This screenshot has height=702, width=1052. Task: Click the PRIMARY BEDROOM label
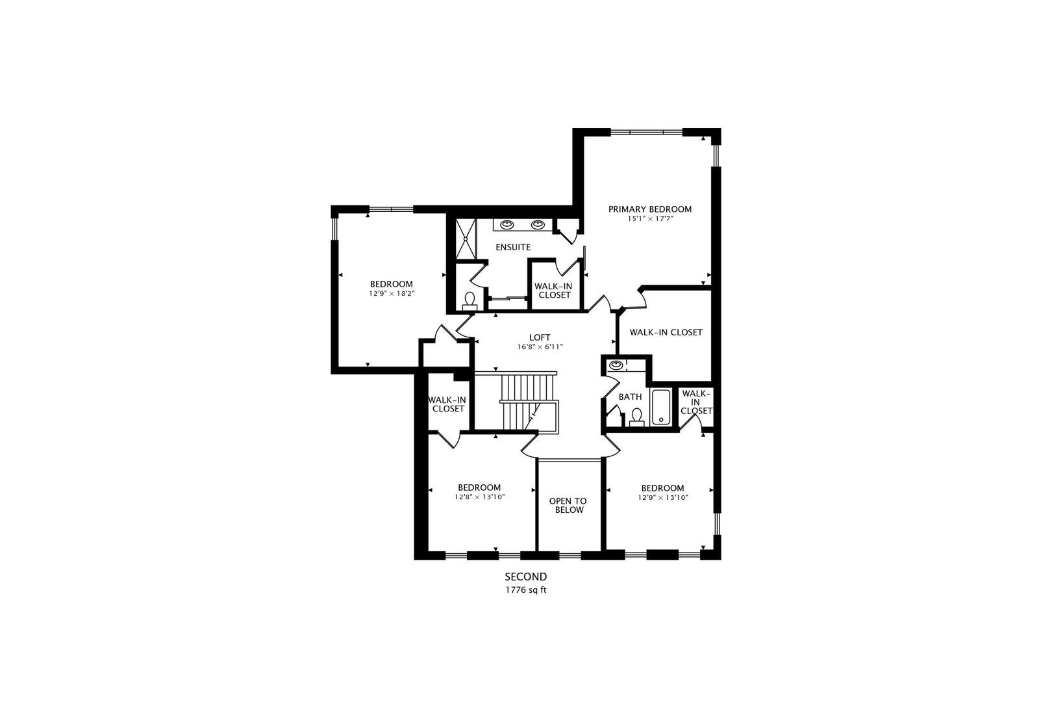point(649,209)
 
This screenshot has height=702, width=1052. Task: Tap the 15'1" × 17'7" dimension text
point(649,219)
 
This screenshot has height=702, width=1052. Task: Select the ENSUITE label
point(513,247)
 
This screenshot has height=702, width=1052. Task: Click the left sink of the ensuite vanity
point(507,225)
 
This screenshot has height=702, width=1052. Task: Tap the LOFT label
point(540,337)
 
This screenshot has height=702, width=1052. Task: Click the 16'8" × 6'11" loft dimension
point(540,347)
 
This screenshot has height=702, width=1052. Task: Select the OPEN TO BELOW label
point(568,505)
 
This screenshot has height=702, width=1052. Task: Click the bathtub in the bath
point(661,408)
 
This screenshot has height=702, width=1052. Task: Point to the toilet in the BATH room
point(636,416)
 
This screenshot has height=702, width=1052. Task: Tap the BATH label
point(630,396)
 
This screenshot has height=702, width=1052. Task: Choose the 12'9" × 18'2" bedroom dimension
point(392,294)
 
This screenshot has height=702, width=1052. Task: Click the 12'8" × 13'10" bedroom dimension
point(479,497)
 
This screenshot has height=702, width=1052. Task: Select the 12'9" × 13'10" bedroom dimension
point(662,497)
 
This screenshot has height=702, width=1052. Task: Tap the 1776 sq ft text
point(526,590)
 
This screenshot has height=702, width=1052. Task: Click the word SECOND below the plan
point(526,577)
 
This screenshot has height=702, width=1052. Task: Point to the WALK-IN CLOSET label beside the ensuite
point(552,290)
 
